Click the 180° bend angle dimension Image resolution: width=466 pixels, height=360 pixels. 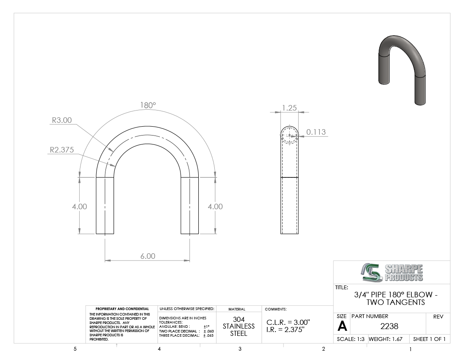(148, 105)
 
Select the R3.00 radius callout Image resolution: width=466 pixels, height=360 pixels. (62, 120)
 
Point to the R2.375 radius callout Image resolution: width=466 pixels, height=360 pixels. (61, 150)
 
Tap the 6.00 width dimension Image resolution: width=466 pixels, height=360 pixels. (148, 256)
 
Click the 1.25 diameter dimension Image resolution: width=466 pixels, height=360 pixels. (289, 108)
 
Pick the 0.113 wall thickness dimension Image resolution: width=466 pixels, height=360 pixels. (316, 132)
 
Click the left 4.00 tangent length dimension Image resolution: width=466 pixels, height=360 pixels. (80, 206)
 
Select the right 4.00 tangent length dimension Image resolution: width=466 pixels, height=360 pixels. (215, 206)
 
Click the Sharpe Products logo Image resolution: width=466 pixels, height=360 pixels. (392, 272)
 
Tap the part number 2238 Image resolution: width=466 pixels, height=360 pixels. (389, 326)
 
